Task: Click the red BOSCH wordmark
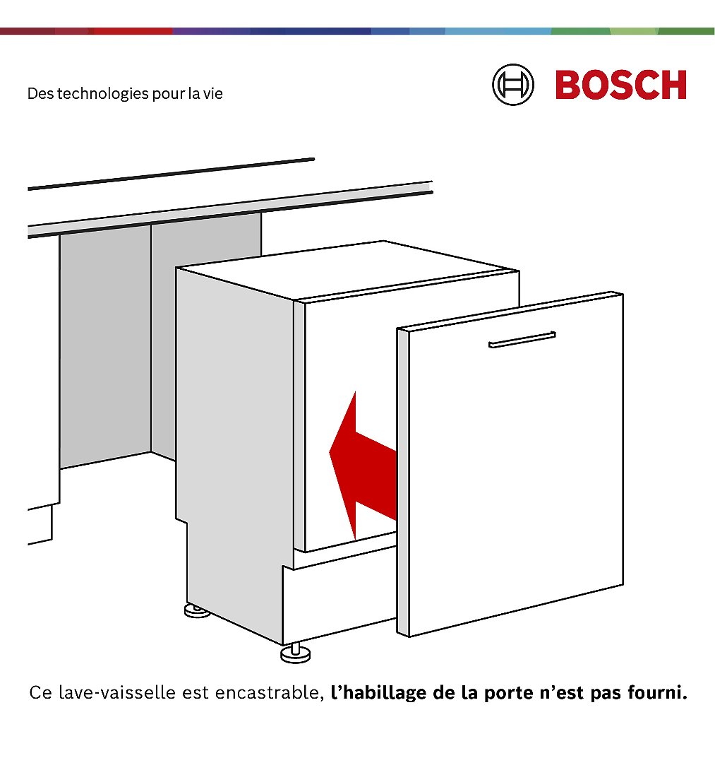point(620,85)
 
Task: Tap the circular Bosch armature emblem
point(513,85)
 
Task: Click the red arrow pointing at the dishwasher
point(363,465)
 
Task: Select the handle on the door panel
point(522,339)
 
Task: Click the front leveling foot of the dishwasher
point(296,653)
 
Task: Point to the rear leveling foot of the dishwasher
point(197,610)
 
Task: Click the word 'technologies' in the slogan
point(102,93)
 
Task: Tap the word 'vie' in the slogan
point(213,93)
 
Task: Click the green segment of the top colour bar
point(632,31)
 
